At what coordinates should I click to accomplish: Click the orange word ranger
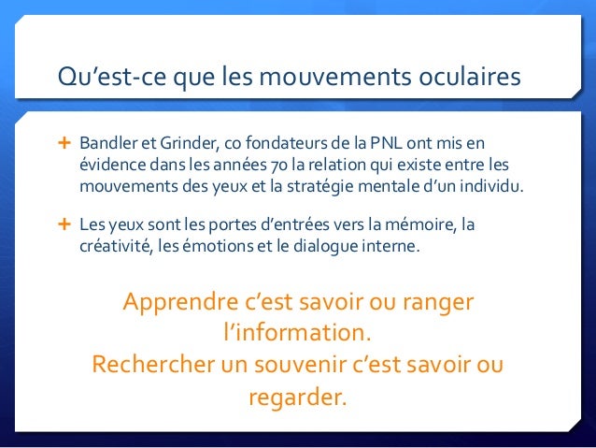point(438,304)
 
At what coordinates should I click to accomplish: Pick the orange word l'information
point(298,334)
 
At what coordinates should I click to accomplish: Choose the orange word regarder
point(296,397)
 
